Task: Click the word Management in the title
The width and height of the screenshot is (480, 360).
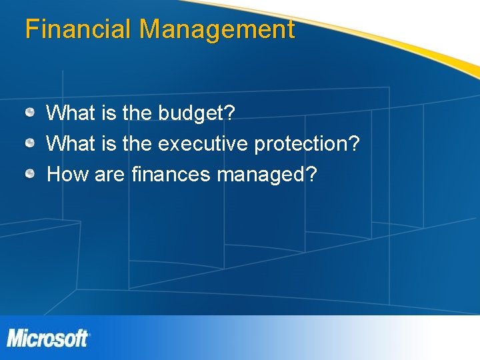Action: pyautogui.click(x=217, y=29)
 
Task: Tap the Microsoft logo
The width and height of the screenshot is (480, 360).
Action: pyautogui.click(x=48, y=338)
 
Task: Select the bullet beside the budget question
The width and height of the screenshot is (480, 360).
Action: pyautogui.click(x=31, y=113)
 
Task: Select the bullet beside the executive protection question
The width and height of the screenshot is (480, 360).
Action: pyautogui.click(x=31, y=143)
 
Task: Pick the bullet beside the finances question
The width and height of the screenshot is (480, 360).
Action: pyautogui.click(x=31, y=174)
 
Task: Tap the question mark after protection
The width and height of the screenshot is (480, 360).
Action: pyautogui.click(x=355, y=143)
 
